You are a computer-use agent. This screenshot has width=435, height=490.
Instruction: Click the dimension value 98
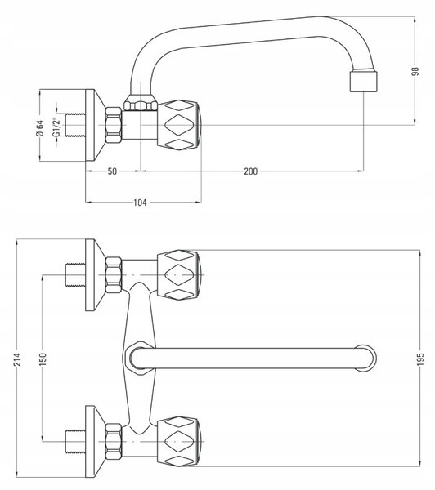pyautogui.click(x=415, y=71)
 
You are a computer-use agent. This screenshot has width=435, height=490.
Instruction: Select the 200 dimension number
pyautogui.click(x=251, y=171)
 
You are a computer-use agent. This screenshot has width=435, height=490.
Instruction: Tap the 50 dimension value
pyautogui.click(x=112, y=171)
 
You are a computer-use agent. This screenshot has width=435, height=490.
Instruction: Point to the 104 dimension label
pyautogui.click(x=140, y=203)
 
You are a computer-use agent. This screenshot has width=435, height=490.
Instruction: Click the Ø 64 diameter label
pyautogui.click(x=40, y=128)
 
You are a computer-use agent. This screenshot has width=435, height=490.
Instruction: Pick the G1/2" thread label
pyautogui.click(x=56, y=127)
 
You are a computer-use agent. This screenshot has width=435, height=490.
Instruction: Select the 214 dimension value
pyautogui.click(x=17, y=359)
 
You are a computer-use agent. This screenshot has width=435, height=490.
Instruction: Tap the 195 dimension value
pyautogui.click(x=420, y=359)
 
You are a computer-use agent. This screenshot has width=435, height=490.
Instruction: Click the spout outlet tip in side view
pyautogui.click(x=363, y=81)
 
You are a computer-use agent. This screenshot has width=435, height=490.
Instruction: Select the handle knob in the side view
pyautogui.click(x=178, y=125)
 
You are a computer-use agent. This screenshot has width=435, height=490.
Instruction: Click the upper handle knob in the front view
pyautogui.click(x=178, y=275)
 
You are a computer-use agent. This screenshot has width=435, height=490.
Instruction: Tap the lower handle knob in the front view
pyautogui.click(x=178, y=442)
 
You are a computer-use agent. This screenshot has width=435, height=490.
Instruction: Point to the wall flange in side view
pyautogui.click(x=95, y=125)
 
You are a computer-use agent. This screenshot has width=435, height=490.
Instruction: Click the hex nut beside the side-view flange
pyautogui.click(x=114, y=125)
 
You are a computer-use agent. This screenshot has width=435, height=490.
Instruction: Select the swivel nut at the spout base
pyautogui.click(x=140, y=103)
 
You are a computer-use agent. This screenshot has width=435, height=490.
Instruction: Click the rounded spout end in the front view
pyautogui.click(x=365, y=359)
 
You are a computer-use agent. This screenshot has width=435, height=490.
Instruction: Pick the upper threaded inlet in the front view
pyautogui.click(x=75, y=275)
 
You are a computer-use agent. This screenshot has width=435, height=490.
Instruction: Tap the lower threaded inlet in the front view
pyautogui.click(x=75, y=442)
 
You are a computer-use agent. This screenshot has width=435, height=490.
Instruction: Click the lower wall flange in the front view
pyautogui.click(x=95, y=442)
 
